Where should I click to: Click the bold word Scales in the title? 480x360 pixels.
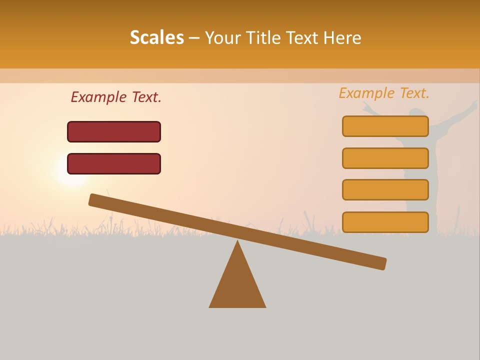pos(156,37)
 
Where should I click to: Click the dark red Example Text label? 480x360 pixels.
pos(116,97)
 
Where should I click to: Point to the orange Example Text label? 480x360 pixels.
pos(384,93)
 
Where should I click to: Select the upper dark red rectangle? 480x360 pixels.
pos(114,131)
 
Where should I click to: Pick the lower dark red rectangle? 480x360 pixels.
pos(114,163)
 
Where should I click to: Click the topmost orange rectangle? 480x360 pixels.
pos(385,126)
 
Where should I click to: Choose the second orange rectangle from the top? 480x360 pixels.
pos(385,158)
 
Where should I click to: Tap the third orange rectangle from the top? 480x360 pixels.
pos(385,190)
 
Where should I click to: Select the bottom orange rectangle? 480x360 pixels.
pos(385,222)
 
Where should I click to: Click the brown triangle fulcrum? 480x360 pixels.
pos(237,285)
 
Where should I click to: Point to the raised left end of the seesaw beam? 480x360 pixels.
pos(94,200)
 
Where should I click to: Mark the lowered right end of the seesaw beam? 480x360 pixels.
pos(381,263)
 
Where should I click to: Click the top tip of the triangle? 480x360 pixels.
pos(237,242)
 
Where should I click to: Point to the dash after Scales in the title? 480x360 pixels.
pos(194,38)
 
